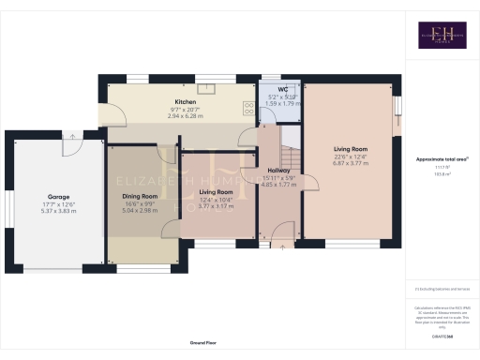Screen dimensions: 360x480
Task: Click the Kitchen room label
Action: click(x=184, y=102)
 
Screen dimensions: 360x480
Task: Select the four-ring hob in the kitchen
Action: click(x=250, y=107)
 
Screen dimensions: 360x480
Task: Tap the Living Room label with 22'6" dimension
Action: click(x=351, y=148)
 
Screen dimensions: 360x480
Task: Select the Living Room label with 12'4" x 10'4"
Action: click(x=216, y=191)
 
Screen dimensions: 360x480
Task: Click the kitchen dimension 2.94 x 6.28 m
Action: click(x=184, y=116)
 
